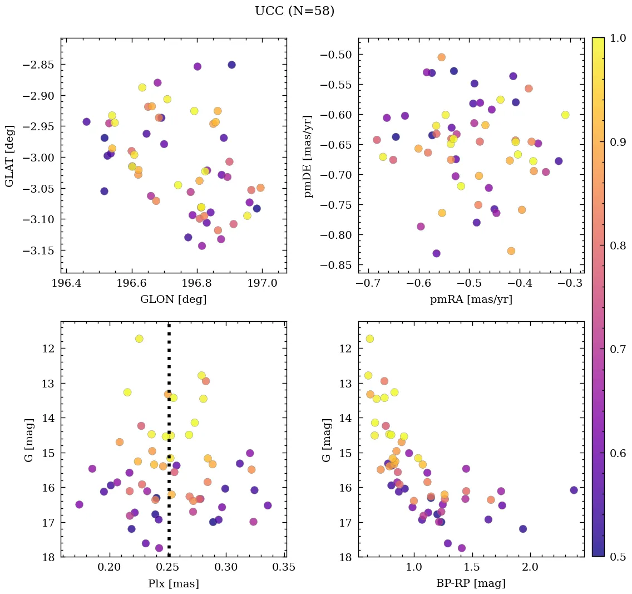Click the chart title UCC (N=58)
(x=294, y=11)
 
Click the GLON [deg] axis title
(x=173, y=300)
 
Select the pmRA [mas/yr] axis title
(x=471, y=300)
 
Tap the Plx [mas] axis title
(x=173, y=584)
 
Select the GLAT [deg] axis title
(x=10, y=156)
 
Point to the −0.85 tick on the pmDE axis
(x=336, y=265)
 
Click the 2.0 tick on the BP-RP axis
(x=530, y=568)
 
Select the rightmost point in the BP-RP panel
(x=574, y=490)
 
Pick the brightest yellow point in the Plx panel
(x=139, y=338)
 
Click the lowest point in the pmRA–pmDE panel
(x=436, y=253)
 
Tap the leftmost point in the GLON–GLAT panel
(x=86, y=121)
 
